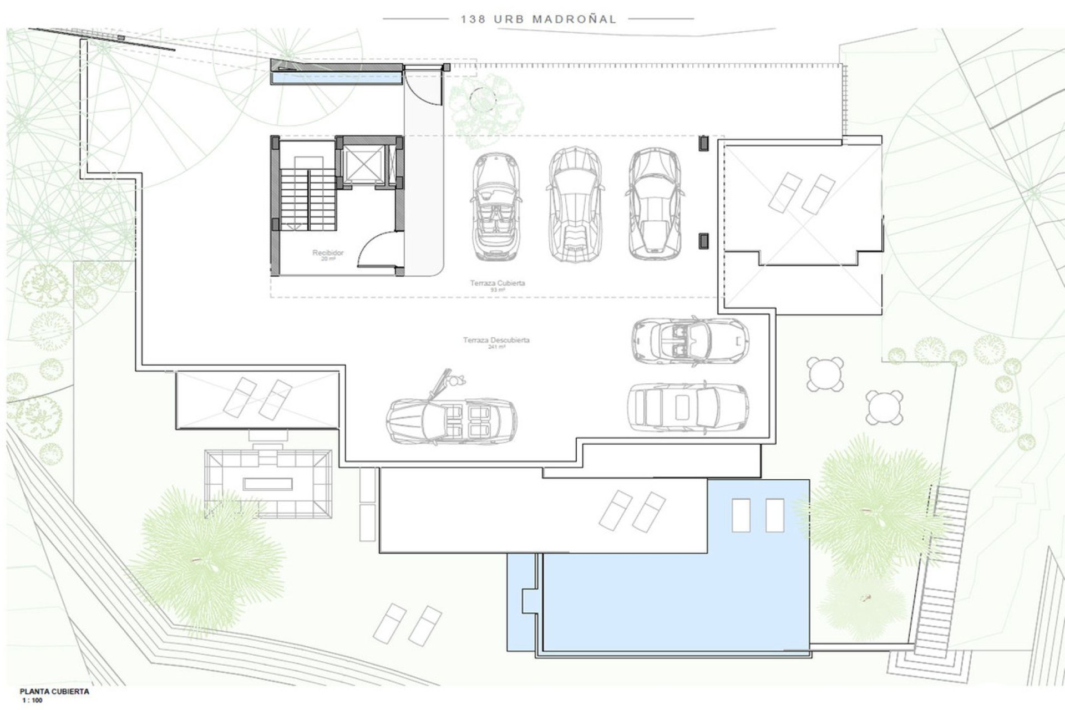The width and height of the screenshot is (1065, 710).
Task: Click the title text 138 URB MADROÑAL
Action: coord(538,19)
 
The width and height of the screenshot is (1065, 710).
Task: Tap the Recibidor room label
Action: coord(328,253)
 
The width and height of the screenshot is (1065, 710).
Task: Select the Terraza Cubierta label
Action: coord(497,283)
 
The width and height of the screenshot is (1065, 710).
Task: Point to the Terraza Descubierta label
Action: coord(496,341)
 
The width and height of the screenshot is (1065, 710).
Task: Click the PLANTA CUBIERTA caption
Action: coord(54,692)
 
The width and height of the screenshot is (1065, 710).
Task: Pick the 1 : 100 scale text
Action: coord(32,701)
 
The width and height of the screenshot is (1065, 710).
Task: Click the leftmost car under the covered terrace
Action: coord(496,207)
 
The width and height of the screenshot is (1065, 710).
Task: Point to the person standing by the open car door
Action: coord(457,381)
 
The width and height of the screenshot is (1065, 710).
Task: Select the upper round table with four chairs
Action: coord(825,374)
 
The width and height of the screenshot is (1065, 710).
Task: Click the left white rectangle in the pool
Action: coord(741,515)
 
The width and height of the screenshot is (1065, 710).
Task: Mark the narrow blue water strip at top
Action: coord(337,79)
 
